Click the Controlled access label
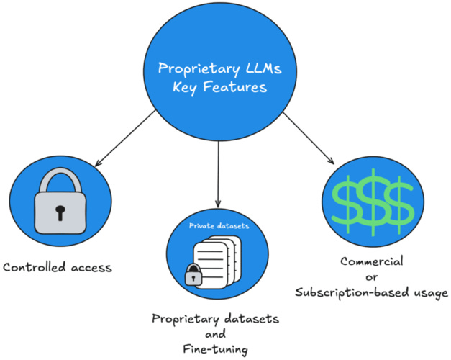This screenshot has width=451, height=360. [x=58, y=269]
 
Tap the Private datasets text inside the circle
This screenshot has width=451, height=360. [x=219, y=225]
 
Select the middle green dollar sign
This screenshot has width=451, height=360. [x=371, y=204]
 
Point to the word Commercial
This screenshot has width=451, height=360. [x=373, y=261]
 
